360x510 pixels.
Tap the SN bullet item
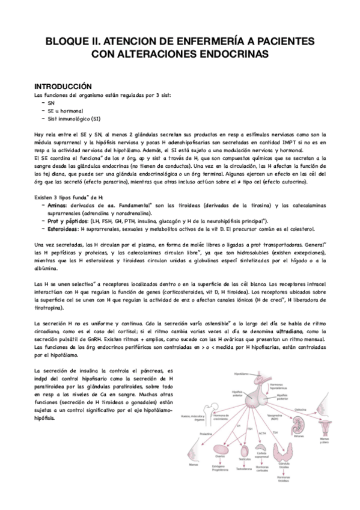click(x=50, y=103)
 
